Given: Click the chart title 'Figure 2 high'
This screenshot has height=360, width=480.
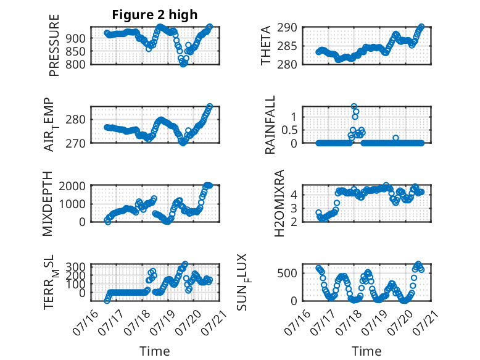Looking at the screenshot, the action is (155, 15).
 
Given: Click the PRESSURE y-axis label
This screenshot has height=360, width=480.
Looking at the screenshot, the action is (54, 45).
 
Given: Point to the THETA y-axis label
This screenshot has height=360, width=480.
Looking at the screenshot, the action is (266, 45).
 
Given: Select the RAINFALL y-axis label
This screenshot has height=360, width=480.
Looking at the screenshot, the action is (270, 125).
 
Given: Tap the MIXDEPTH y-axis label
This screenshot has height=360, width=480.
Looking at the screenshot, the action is (48, 204).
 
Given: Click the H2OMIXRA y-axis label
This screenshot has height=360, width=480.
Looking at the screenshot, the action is (279, 203).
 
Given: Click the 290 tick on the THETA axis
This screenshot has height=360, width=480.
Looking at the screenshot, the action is (287, 28).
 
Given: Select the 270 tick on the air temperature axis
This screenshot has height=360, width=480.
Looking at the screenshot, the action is (76, 143).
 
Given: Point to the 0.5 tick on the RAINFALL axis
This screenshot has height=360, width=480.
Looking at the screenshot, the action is (289, 130).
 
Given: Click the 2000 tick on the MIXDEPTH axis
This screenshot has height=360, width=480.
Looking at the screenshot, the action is (72, 186).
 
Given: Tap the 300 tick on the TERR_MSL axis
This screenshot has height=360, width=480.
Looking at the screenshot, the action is (76, 266).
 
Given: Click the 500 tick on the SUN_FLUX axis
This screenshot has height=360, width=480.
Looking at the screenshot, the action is (287, 274).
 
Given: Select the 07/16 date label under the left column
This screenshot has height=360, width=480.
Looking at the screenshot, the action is (85, 322).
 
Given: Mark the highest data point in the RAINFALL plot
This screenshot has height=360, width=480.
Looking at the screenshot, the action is (354, 106).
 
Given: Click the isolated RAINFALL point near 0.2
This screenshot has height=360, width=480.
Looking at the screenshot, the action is (396, 138).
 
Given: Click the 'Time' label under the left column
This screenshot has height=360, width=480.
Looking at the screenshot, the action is (155, 351).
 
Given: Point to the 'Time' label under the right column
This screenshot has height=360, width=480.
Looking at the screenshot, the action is (366, 351).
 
